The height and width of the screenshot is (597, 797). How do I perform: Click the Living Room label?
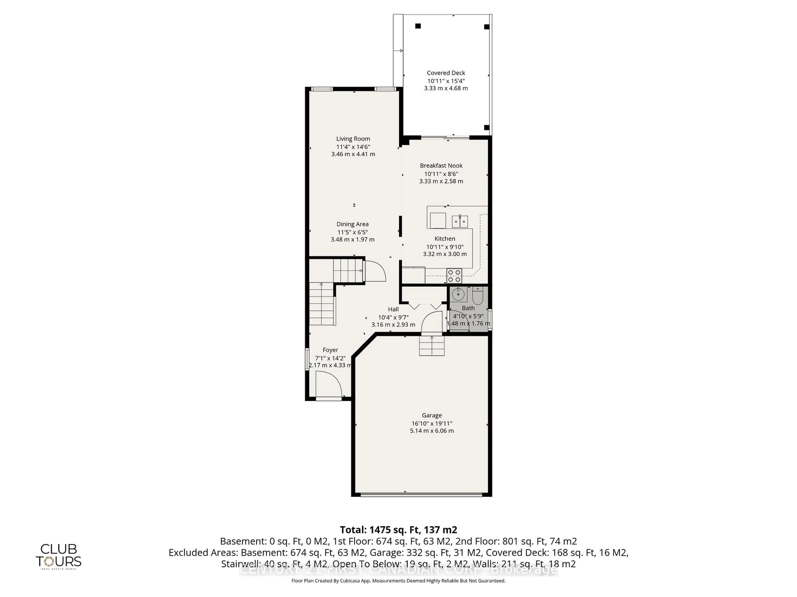pos(353,138)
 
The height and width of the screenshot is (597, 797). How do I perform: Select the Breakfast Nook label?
pos(441,166)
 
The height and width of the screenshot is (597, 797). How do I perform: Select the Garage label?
pos(432,415)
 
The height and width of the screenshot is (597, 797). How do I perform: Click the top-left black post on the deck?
pos(418,26)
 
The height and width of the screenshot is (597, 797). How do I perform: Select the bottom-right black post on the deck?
pos(487,127)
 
